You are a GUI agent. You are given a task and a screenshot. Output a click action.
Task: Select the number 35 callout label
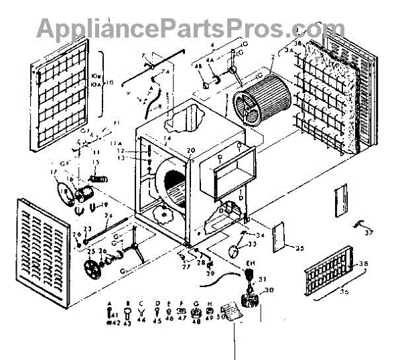pyautogui.click(x=299, y=249)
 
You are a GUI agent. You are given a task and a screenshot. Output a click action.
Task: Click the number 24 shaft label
pyautogui.click(x=106, y=215)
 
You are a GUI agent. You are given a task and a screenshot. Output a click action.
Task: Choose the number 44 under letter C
pyautogui.click(x=141, y=321)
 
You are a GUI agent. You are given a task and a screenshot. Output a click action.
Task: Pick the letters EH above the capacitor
pyautogui.click(x=251, y=263)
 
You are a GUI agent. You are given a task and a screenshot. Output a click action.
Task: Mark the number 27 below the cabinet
pyautogui.click(x=186, y=267)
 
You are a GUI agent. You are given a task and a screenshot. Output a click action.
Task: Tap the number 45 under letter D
pyautogui.click(x=157, y=321)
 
